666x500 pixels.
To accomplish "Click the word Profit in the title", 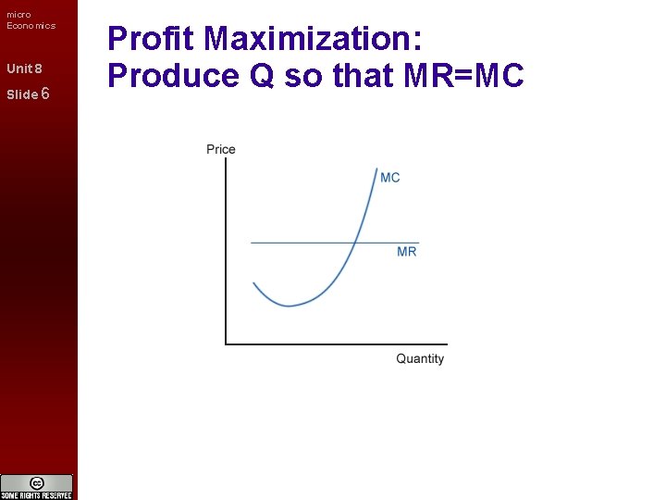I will pyautogui.click(x=152, y=40).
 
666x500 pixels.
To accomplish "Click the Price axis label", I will pyautogui.click(x=221, y=149).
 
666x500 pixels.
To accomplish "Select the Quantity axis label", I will pyautogui.click(x=420, y=358).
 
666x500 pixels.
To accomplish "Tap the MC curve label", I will pyautogui.click(x=390, y=178).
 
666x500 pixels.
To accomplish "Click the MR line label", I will pyautogui.click(x=407, y=252).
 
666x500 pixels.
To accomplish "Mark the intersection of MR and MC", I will pyautogui.click(x=355, y=243).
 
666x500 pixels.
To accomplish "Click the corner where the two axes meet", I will pyautogui.click(x=226, y=344).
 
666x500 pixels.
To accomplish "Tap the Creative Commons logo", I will pyautogui.click(x=37, y=483).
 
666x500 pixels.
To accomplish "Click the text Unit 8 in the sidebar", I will pyautogui.click(x=24, y=69).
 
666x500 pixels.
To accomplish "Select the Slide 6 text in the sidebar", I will pyautogui.click(x=27, y=94).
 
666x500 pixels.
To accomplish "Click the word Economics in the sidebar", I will pyautogui.click(x=31, y=26).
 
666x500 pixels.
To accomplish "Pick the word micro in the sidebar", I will pyautogui.click(x=18, y=14).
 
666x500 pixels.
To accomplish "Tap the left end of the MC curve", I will pyautogui.click(x=253, y=283).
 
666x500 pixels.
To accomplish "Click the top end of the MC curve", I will pyautogui.click(x=378, y=169).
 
